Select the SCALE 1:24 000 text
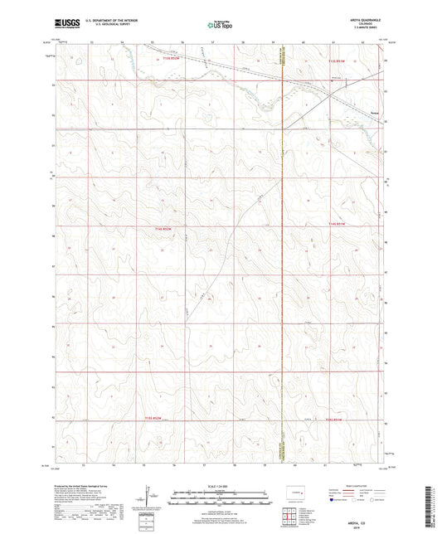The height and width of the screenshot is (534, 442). pyautogui.click(x=220, y=484)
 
